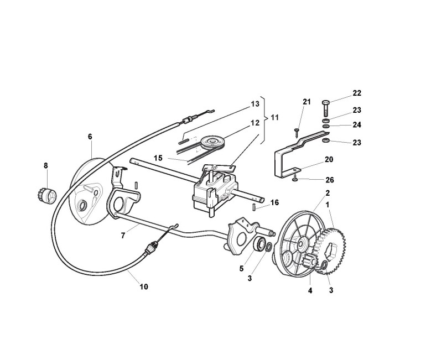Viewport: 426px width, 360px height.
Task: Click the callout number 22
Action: [357, 93]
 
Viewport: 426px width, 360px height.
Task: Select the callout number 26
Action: [329, 180]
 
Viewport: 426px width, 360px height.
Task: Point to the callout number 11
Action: [274, 117]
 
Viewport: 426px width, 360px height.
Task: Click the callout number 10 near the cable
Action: [144, 287]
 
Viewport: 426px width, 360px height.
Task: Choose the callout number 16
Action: [274, 203]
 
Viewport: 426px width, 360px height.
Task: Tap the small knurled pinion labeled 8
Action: [49, 195]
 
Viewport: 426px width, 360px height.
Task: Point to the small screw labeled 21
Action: [297, 131]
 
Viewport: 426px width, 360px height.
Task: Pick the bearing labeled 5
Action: [259, 244]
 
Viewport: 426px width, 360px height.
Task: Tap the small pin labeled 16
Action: [254, 208]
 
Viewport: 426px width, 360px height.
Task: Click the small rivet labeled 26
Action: [297, 178]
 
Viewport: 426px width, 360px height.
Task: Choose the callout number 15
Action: [158, 158]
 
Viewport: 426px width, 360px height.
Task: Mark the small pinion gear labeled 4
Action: [310, 264]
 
